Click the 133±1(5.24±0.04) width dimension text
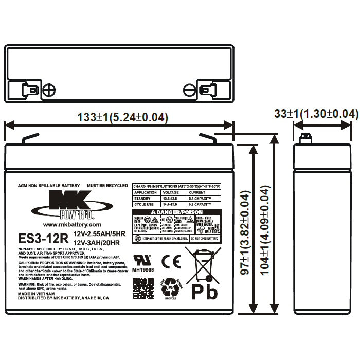[x=122, y=117]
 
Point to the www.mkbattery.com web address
[x=72, y=225]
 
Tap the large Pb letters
[x=204, y=292]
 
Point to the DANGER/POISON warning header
[x=176, y=212]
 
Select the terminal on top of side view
[x=307, y=139]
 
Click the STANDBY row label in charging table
[x=142, y=197]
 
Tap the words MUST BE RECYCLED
[x=107, y=184]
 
